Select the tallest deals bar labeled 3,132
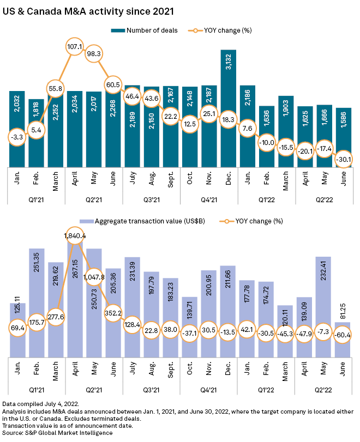[229, 109]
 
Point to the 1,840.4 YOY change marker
[74, 235]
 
